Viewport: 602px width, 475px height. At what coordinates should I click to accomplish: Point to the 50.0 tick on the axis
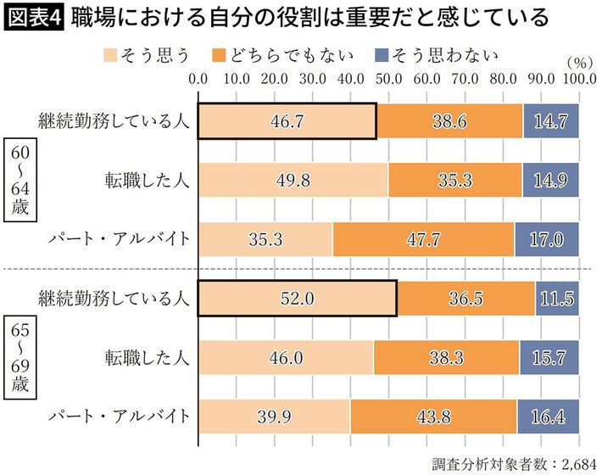pyautogui.click(x=389, y=79)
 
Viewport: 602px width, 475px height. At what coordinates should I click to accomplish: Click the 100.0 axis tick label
pyautogui.click(x=578, y=79)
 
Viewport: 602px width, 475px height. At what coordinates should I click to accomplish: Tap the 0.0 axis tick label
pyautogui.click(x=199, y=79)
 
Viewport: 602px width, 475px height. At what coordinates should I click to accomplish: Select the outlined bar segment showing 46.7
pyautogui.click(x=287, y=121)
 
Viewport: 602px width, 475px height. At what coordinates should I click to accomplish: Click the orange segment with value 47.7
pyautogui.click(x=423, y=239)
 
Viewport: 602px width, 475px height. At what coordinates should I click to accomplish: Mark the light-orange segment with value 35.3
pyautogui.click(x=266, y=239)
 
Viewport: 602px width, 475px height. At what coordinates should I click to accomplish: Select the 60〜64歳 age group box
pyautogui.click(x=20, y=180)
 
